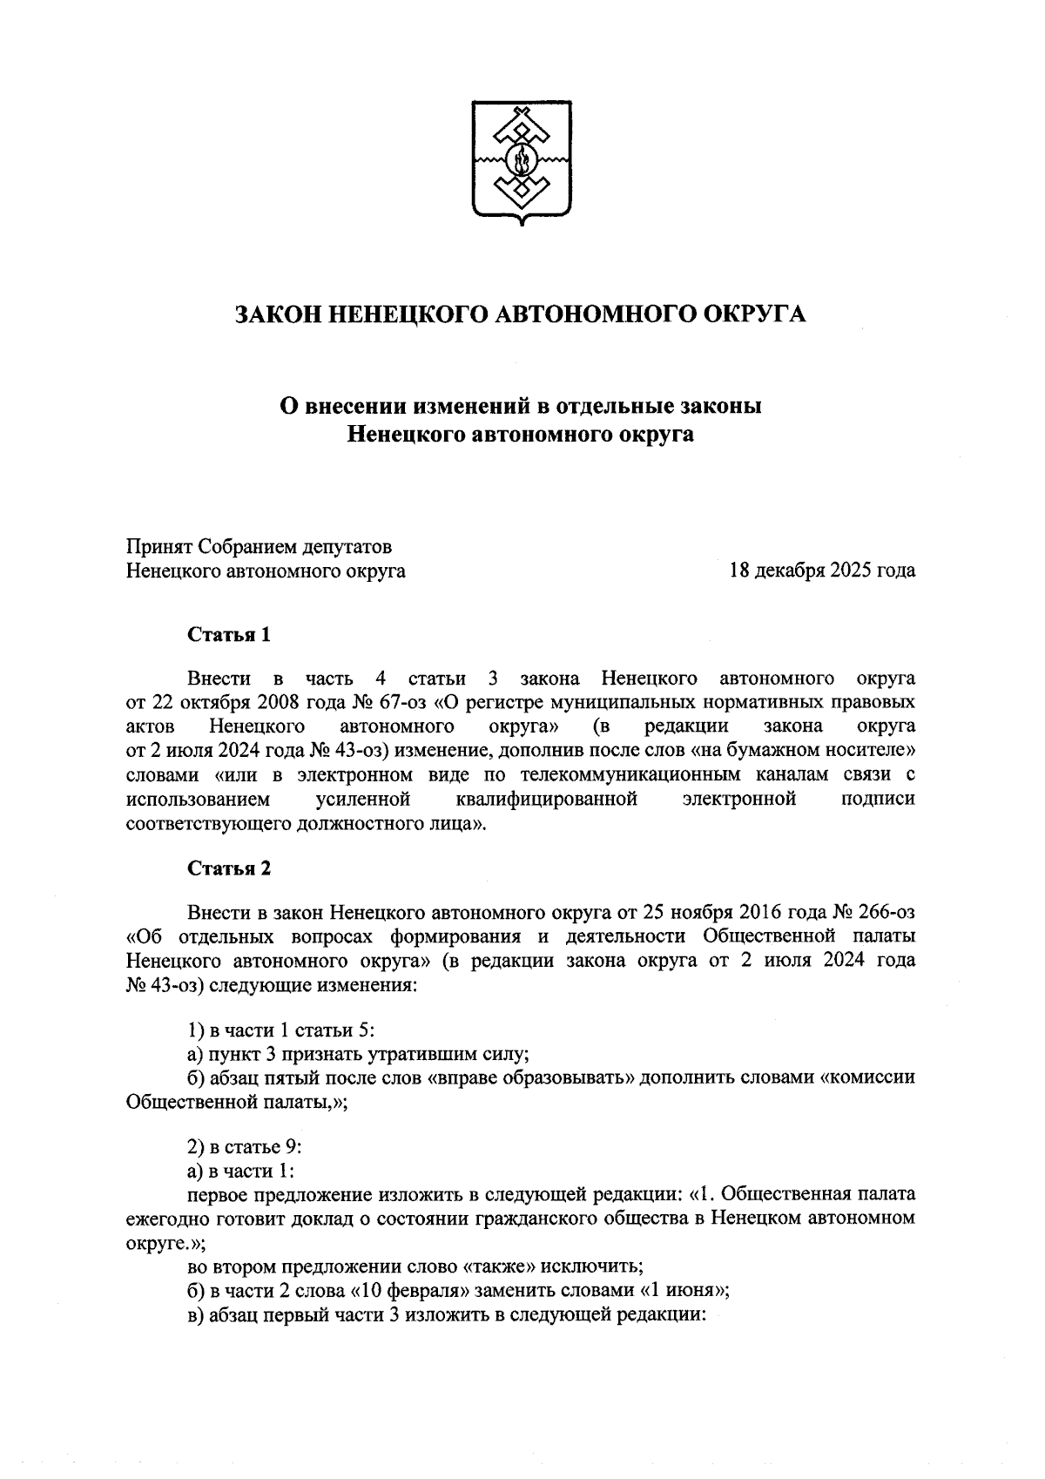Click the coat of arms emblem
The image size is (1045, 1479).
[522, 162]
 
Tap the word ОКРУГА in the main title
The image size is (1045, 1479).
[755, 314]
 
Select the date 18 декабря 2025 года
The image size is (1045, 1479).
[822, 571]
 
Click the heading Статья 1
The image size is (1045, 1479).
[229, 634]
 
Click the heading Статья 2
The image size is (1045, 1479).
[229, 868]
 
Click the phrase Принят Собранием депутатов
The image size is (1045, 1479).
[259, 547]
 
